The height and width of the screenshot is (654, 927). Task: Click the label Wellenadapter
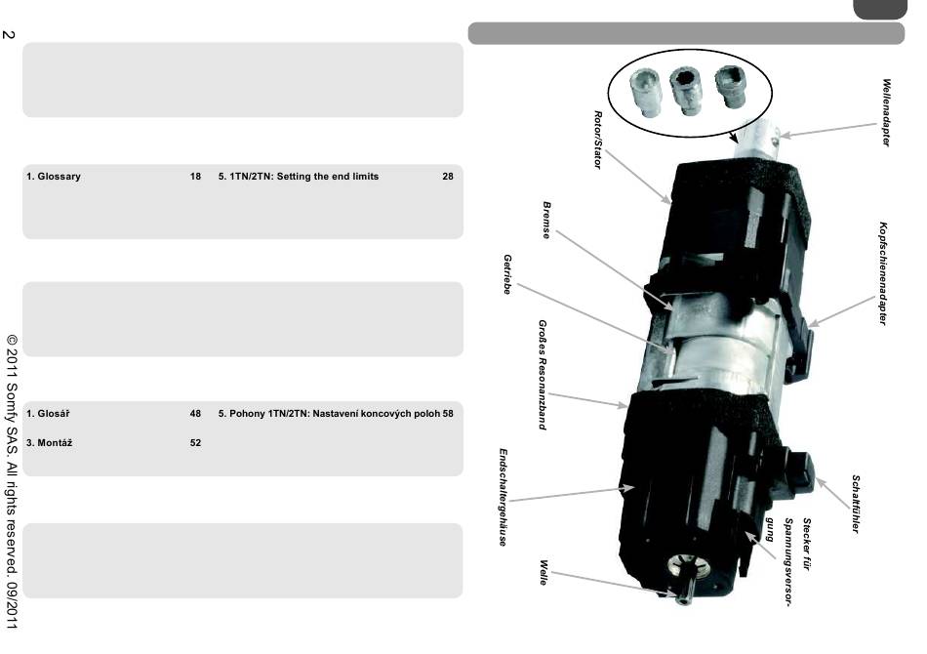(886, 113)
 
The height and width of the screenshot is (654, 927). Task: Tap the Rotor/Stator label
(597, 139)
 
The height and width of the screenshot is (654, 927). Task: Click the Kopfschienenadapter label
(883, 272)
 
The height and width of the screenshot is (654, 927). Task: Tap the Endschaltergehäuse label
(503, 497)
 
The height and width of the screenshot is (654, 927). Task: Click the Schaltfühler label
(856, 505)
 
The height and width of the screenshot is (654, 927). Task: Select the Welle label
(544, 573)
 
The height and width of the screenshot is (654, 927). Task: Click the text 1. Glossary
(54, 177)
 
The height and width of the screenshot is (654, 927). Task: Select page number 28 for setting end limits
(447, 177)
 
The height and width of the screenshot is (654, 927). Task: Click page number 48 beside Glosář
(195, 414)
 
